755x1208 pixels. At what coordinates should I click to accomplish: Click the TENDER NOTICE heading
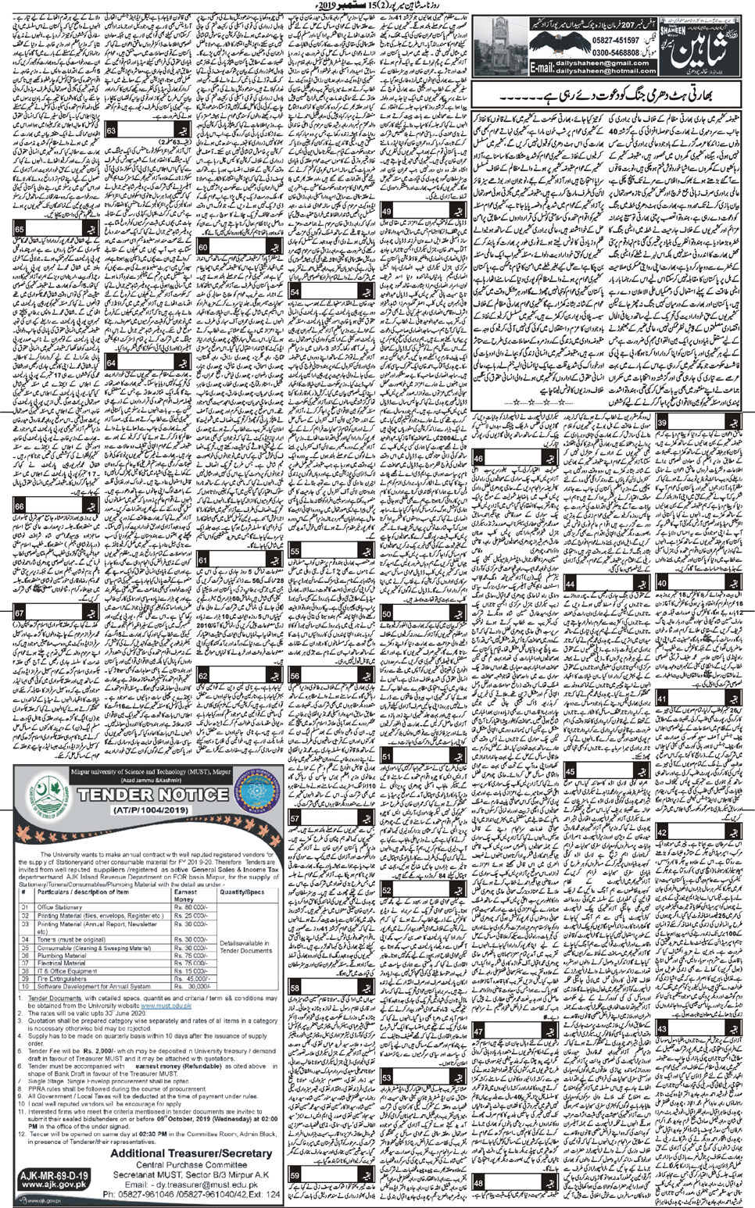(145, 795)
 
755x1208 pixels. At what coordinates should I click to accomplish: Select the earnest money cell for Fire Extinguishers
(192, 977)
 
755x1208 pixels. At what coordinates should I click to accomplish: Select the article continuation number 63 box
(111, 130)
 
